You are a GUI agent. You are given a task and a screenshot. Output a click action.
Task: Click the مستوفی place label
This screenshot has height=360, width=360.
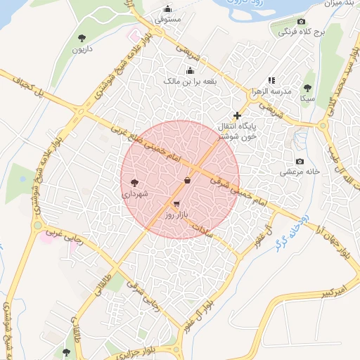pos(168,20)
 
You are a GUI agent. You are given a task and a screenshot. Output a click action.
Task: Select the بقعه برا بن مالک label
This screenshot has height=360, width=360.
pos(190,82)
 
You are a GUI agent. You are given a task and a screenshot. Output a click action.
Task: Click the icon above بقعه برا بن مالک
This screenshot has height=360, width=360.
pos(190,70)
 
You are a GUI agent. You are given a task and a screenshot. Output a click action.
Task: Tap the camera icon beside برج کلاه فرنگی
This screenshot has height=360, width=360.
pos(302,22)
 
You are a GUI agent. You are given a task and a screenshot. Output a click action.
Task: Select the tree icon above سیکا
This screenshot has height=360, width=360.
pos(307,87)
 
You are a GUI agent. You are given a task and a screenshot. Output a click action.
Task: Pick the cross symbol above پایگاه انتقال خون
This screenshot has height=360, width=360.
pos(237,115)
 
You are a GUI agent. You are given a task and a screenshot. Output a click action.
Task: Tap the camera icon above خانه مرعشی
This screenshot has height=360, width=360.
pos(300,161)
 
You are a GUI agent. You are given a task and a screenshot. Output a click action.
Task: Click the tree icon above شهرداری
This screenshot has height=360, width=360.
pos(134,182)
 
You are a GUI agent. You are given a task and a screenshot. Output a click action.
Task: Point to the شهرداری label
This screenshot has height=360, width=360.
pos(134,193)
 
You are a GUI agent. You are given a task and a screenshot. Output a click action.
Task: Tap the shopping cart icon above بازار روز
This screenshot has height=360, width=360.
pos(175,203)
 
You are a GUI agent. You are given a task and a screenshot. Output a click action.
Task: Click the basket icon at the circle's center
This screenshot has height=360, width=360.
pos(187,181)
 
